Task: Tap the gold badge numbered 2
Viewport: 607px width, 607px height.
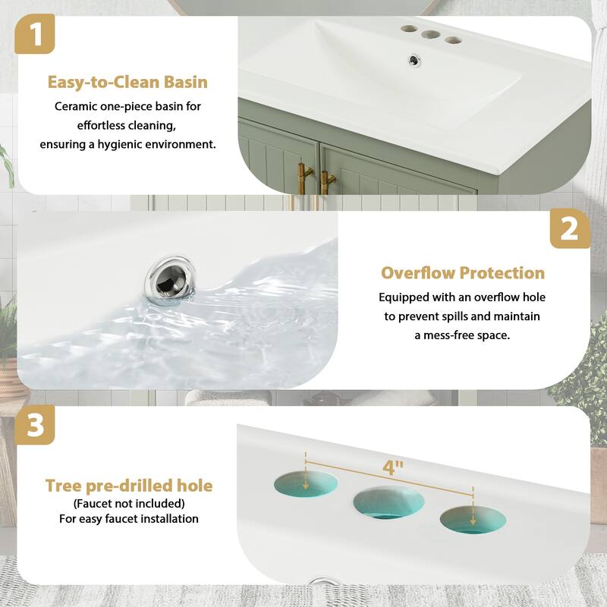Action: tap(569, 229)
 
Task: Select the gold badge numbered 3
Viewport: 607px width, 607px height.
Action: tap(36, 425)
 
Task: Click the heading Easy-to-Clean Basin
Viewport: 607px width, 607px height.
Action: tap(127, 82)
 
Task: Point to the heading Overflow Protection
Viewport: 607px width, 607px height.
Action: tap(463, 273)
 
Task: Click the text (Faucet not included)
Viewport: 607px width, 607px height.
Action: tap(129, 503)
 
